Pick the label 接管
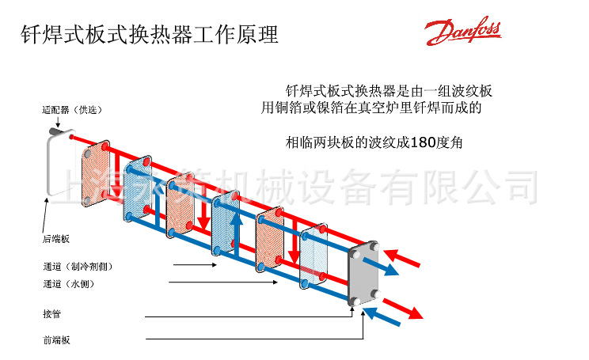(51, 314)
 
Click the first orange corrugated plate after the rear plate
(97, 175)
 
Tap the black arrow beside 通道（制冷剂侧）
(194, 266)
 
